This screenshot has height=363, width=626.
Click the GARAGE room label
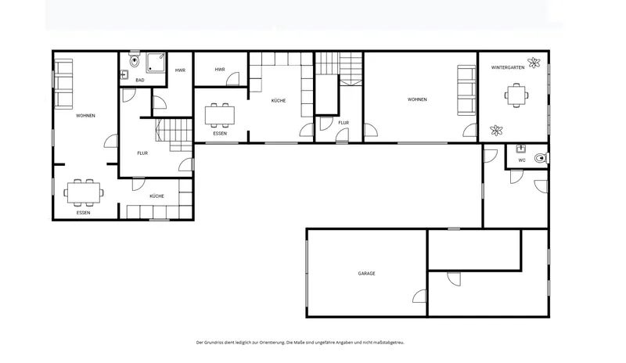[366, 274]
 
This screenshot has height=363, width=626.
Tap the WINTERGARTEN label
[508, 67]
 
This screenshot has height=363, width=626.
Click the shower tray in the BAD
[155, 63]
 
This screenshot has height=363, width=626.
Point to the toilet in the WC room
[541, 158]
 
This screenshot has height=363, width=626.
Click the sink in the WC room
[520, 149]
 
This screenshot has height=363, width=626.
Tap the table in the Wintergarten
[516, 95]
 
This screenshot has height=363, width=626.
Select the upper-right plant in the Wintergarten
[534, 63]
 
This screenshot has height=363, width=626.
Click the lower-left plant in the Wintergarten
[496, 130]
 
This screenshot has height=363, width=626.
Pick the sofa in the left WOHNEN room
[63, 84]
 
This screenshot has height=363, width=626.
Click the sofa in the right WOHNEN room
[466, 90]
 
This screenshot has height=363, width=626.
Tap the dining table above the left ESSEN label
[84, 193]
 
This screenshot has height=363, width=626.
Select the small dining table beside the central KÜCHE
[220, 116]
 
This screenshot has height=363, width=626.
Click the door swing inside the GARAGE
[419, 296]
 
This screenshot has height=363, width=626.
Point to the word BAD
[140, 81]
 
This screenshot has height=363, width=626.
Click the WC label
[522, 160]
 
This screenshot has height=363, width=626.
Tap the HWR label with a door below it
[220, 70]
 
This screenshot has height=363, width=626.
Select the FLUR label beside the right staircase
[344, 123]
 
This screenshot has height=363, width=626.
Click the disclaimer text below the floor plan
[300, 343]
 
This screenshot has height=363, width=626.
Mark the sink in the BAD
[124, 74]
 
